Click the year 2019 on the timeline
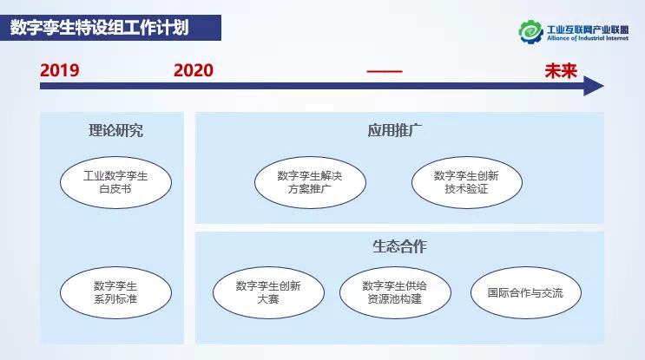tap(59, 70)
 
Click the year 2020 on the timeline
tap(193, 70)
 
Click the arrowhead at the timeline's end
tap(594, 86)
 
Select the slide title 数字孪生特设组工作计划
tap(100, 27)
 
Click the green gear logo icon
tap(530, 31)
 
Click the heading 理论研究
tap(115, 131)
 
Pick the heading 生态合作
tap(399, 246)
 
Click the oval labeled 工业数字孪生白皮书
tap(115, 181)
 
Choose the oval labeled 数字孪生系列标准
tap(115, 291)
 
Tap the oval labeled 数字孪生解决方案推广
tap(309, 182)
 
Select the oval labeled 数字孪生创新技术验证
tap(466, 182)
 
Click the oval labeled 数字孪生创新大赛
tap(268, 292)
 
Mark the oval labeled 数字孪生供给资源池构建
tap(395, 292)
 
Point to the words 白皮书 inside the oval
tap(115, 188)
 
